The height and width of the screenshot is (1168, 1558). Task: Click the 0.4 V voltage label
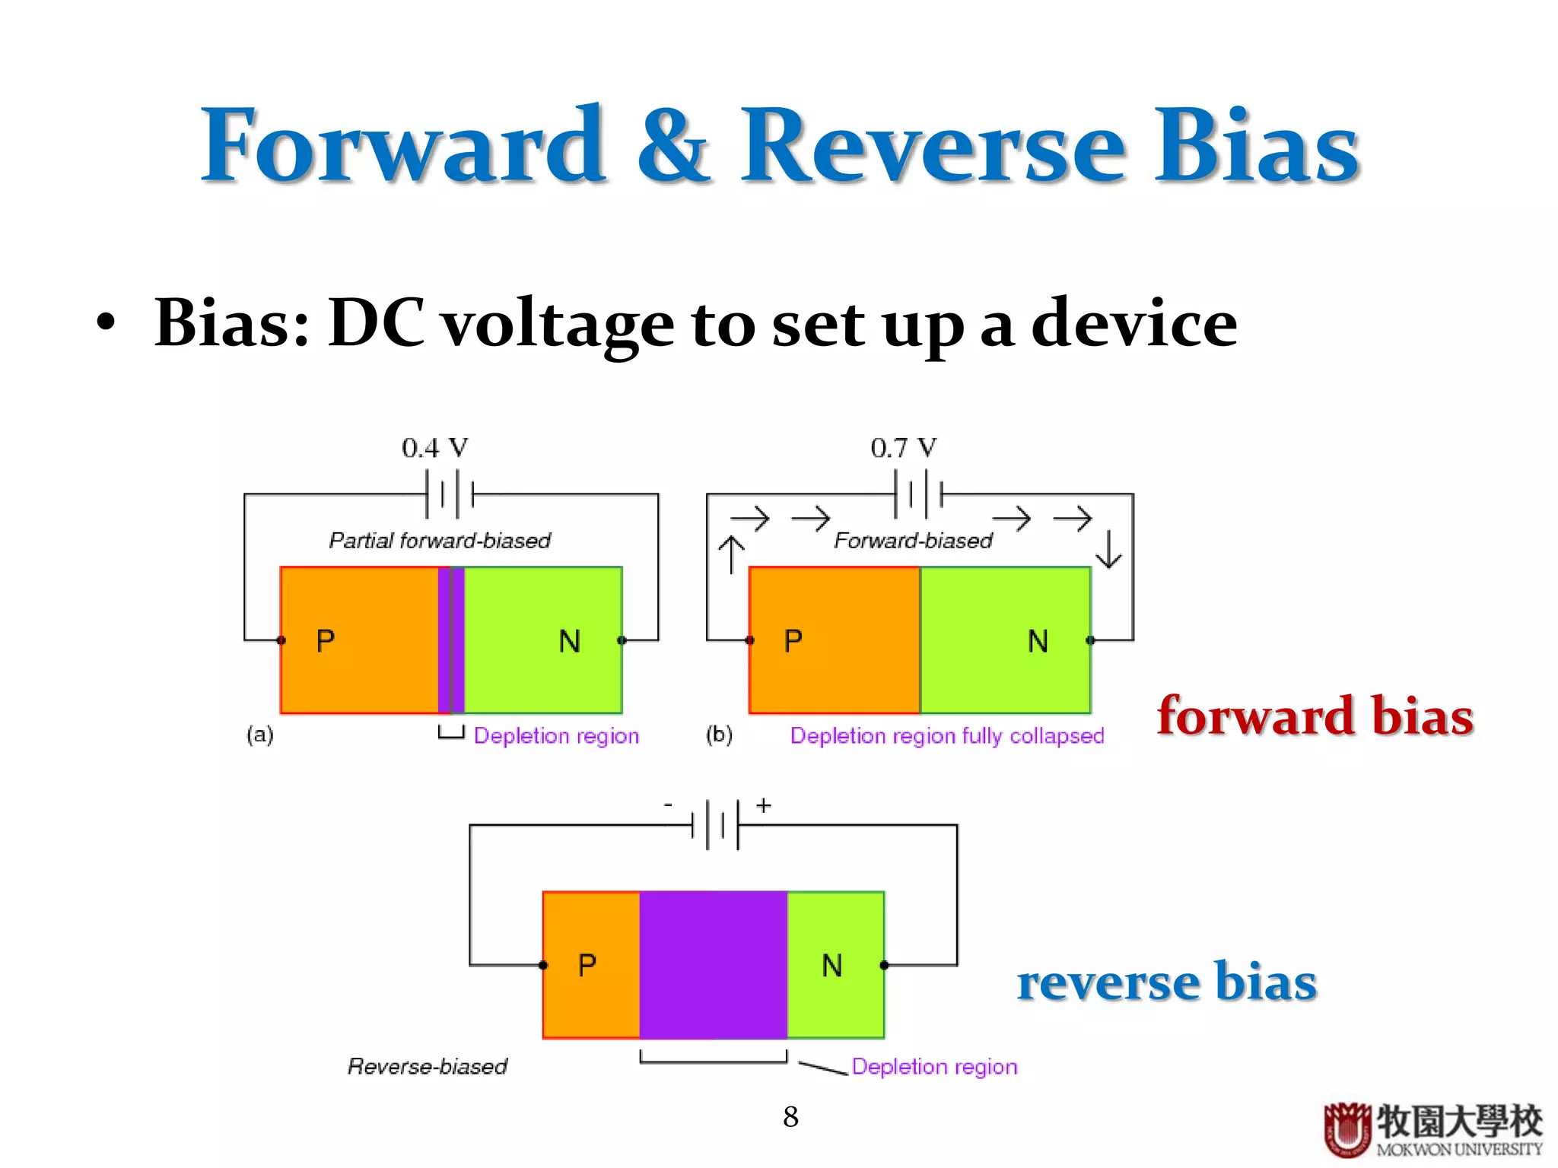[x=434, y=448]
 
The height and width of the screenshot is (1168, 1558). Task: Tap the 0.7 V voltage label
[x=903, y=448]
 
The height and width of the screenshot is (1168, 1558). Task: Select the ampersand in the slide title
[x=673, y=146]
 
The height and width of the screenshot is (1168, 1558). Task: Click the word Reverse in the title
[x=932, y=146]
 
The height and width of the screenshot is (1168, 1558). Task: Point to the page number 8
[x=790, y=1116]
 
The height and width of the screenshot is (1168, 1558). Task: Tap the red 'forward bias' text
[x=1315, y=716]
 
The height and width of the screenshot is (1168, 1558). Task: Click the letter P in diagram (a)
[x=326, y=641]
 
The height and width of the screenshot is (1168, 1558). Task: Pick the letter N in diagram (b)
[x=1038, y=641]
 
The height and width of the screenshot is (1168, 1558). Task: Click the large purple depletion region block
[x=713, y=964]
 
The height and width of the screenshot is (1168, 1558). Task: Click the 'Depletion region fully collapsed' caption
[x=946, y=735]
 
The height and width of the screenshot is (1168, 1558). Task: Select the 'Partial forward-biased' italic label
[x=439, y=541]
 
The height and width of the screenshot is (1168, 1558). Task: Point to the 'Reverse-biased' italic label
[x=427, y=1066]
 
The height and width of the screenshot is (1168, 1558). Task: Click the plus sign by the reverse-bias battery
[x=764, y=805]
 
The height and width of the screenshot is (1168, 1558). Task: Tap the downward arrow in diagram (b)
[x=1108, y=550]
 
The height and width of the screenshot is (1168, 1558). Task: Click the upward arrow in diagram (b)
[x=731, y=554]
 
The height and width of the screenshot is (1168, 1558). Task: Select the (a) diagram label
[x=259, y=735]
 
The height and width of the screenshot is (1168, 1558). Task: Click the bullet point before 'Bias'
[x=107, y=323]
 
